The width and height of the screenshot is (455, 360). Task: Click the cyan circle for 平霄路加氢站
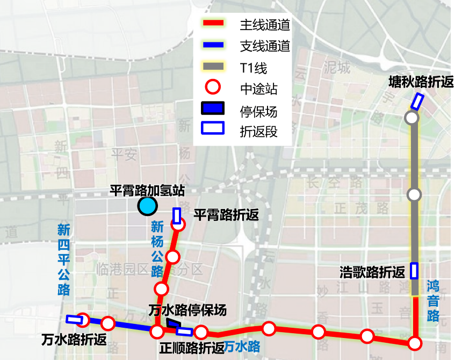coord(147,206)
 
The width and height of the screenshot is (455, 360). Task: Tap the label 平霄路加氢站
coord(147,191)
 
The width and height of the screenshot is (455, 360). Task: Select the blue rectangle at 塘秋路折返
coord(417,100)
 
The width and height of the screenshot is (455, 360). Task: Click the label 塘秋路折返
coord(421,82)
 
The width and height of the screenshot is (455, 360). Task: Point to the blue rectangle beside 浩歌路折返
coord(414,270)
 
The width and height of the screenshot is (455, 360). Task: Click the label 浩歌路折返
coord(372,272)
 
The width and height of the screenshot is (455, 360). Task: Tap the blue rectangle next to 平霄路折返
coord(177,215)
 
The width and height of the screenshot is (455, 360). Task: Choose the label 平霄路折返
coord(226,215)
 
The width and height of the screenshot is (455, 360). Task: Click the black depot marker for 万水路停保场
coord(173,323)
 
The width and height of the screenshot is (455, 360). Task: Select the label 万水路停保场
coord(187,310)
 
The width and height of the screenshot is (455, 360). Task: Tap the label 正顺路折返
coord(192,348)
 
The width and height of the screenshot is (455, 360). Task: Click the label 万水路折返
coord(74,340)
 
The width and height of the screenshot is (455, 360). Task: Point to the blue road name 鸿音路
coord(434,301)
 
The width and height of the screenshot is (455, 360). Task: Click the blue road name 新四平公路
coord(64,260)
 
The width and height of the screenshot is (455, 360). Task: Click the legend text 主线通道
coord(265,25)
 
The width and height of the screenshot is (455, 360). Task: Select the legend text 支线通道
coord(265,46)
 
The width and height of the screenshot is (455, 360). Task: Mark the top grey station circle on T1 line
coord(412,118)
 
